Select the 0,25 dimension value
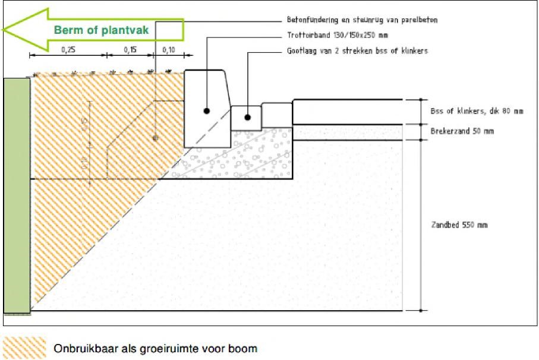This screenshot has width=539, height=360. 68,50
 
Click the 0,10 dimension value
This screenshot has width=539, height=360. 169,50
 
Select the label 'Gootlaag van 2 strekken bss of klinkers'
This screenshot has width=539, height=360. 353,51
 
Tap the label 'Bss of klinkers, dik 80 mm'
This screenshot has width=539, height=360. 477,111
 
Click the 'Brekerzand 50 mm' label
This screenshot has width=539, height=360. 461,131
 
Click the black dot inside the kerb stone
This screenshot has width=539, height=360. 206,111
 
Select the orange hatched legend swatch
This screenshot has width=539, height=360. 24,348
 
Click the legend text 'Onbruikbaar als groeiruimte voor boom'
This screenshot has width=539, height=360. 156,348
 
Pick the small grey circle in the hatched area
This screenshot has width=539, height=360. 155,138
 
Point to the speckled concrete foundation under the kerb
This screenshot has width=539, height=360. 250,157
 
